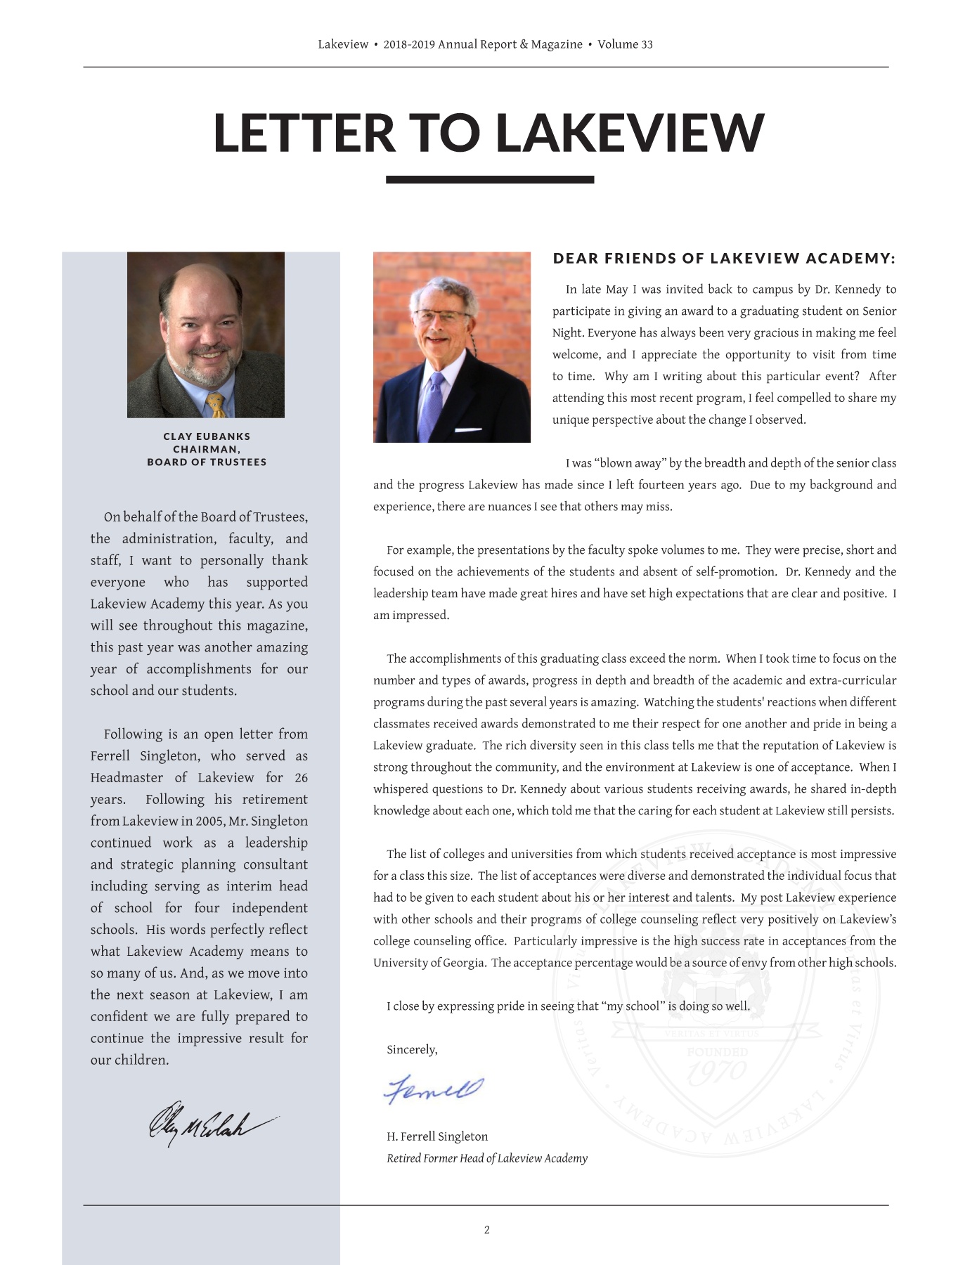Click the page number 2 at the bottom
[x=486, y=1230]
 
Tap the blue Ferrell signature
[x=434, y=1089]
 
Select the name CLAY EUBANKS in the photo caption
[x=207, y=436]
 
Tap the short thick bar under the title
[x=489, y=180]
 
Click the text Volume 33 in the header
[x=625, y=44]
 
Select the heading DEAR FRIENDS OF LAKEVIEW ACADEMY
[x=724, y=259]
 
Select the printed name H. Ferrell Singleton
[x=437, y=1136]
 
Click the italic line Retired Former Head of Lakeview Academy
[x=486, y=1158]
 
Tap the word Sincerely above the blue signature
[x=412, y=1049]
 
